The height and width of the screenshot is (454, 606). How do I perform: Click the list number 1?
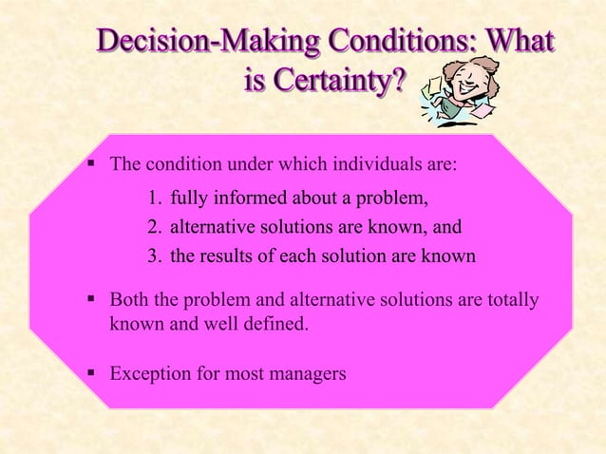pos(154,199)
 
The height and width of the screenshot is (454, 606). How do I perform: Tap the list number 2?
pos(154,227)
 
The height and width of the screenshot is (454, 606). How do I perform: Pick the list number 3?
pos(154,256)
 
